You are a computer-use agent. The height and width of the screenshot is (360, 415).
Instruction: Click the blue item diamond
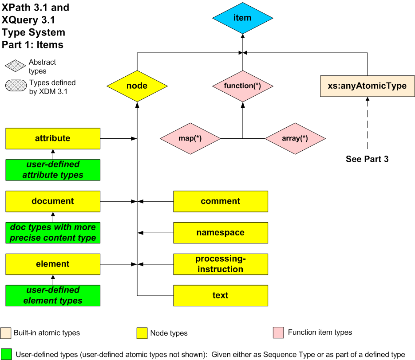point(242,18)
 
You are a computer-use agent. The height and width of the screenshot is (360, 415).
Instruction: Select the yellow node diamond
point(137,86)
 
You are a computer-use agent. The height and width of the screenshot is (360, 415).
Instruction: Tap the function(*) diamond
point(242,86)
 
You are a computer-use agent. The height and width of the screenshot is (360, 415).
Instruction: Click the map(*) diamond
point(190,138)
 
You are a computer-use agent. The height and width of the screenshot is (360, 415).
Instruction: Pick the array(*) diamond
point(295,138)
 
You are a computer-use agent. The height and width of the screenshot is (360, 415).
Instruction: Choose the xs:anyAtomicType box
point(367,86)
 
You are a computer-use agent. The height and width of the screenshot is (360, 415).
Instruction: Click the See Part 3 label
point(367,159)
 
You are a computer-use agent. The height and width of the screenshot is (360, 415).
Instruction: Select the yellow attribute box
point(53,138)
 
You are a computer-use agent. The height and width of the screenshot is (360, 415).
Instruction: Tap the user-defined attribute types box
point(53,170)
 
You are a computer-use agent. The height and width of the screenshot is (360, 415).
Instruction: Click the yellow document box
point(53,201)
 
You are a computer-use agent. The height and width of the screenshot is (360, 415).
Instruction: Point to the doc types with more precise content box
point(53,233)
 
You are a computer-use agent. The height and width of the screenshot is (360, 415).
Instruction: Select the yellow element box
point(53,264)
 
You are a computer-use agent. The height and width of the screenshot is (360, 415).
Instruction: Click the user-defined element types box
point(53,296)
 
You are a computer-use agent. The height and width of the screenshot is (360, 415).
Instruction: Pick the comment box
point(221,201)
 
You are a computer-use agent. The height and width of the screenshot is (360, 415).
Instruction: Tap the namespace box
point(221,233)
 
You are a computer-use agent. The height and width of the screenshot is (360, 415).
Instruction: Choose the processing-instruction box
point(221,264)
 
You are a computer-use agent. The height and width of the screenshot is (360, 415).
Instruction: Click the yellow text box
point(221,296)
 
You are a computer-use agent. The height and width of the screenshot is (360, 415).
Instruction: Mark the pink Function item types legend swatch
point(278,333)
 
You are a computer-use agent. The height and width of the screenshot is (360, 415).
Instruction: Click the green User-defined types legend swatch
point(6,354)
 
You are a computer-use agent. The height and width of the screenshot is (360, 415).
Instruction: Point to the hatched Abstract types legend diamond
point(16,66)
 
